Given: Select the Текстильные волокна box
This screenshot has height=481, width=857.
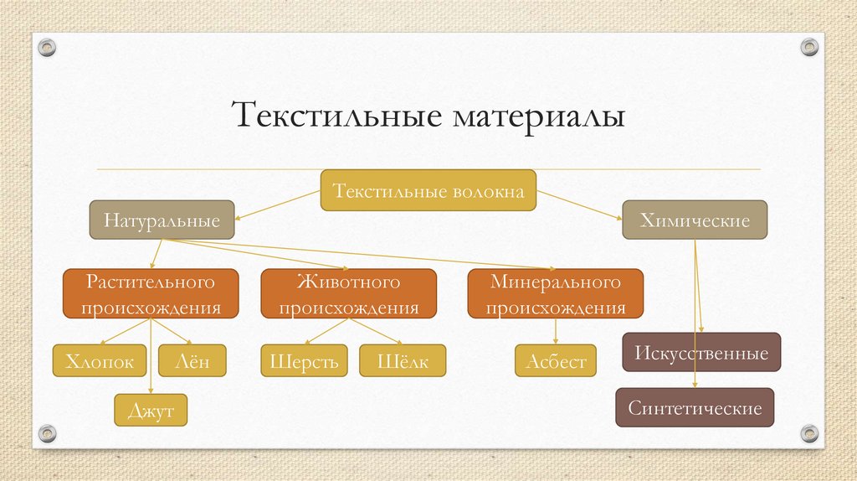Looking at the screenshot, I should click(x=428, y=192).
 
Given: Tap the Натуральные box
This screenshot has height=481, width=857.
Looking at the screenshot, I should click(x=162, y=221).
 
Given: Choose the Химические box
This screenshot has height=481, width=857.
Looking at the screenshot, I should click(x=695, y=221).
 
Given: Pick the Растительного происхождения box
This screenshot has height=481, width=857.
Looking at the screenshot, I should click(x=151, y=293).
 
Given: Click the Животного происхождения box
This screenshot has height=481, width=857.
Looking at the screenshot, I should click(x=348, y=293).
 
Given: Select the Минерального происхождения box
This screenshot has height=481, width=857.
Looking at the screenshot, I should click(x=556, y=293).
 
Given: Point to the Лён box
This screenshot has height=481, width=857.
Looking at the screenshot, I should click(x=188, y=361).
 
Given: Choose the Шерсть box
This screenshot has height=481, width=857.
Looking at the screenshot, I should click(x=304, y=361).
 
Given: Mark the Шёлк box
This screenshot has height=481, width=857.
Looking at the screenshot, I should click(x=403, y=361).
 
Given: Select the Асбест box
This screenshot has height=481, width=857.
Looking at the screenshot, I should click(x=556, y=361).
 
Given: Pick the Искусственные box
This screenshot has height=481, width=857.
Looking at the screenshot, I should click(x=701, y=353).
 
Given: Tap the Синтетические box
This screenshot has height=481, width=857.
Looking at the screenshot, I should click(x=695, y=408).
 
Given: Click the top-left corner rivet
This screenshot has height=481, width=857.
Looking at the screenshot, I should click(x=47, y=46).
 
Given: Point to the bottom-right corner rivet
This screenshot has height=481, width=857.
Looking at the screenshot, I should click(x=808, y=432).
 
